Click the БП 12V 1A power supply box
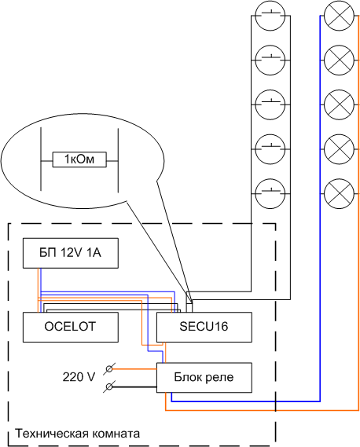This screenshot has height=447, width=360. (71, 253)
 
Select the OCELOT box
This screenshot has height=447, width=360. (71, 327)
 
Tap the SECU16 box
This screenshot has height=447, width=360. (204, 327)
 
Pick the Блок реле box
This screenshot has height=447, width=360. (204, 378)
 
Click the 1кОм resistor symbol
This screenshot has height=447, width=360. (79, 159)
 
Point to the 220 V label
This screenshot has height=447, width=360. (79, 377)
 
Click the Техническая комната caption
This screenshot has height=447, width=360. (77, 434)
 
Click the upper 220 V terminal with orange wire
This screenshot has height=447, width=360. (109, 369)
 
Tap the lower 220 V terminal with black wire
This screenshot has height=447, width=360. (109, 387)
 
